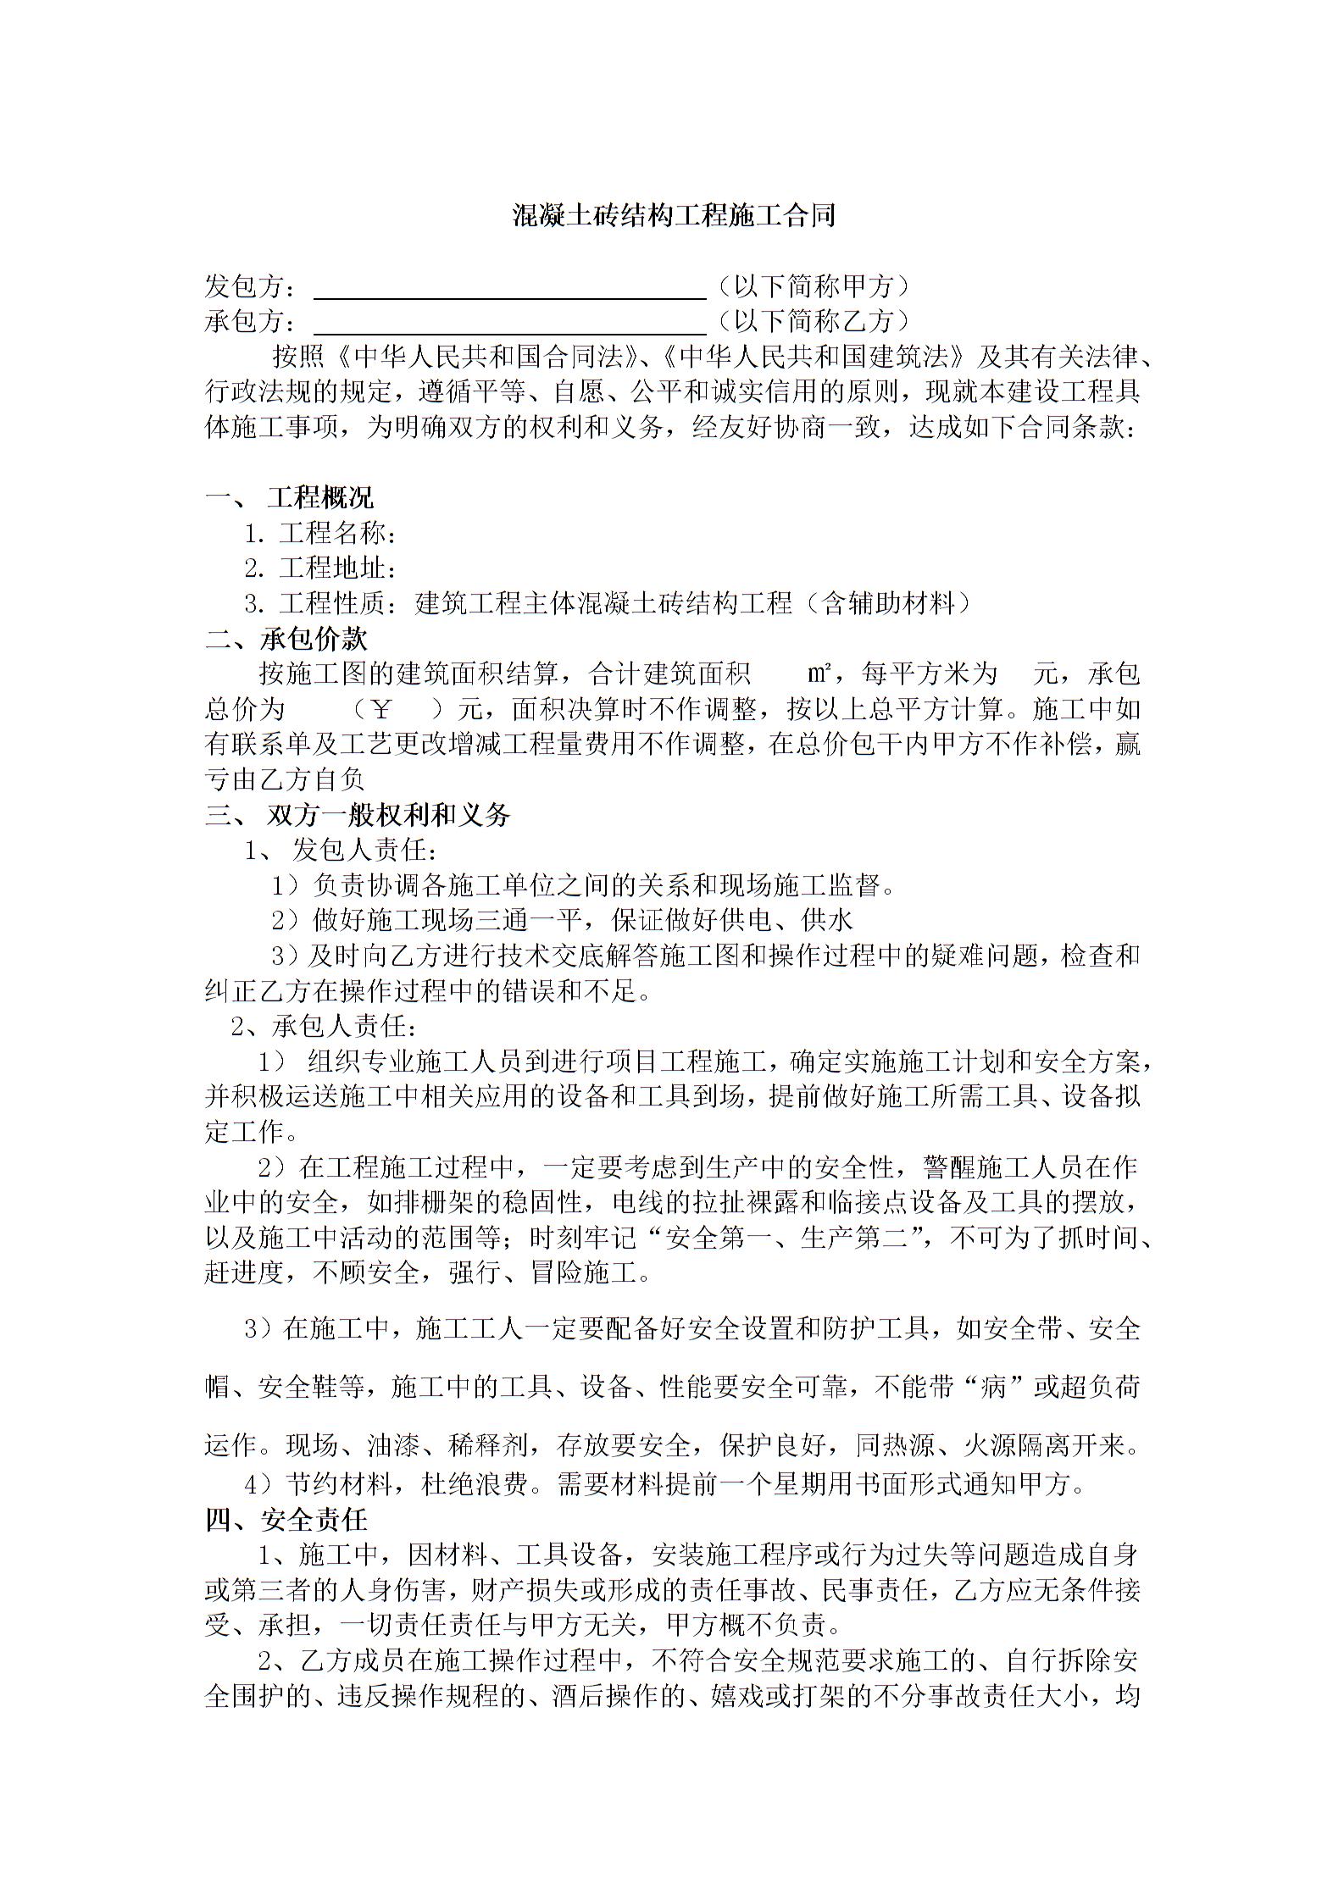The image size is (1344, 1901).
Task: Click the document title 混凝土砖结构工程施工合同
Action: (x=674, y=216)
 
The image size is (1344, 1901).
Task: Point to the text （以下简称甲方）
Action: (x=813, y=286)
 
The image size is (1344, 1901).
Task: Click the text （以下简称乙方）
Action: (x=813, y=321)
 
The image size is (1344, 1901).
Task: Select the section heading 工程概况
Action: (x=320, y=498)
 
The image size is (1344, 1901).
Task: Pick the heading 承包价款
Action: (x=314, y=639)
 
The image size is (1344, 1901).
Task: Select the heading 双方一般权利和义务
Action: (x=389, y=815)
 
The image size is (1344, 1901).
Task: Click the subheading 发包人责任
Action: (x=365, y=850)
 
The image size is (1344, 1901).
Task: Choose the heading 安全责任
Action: (x=314, y=1521)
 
